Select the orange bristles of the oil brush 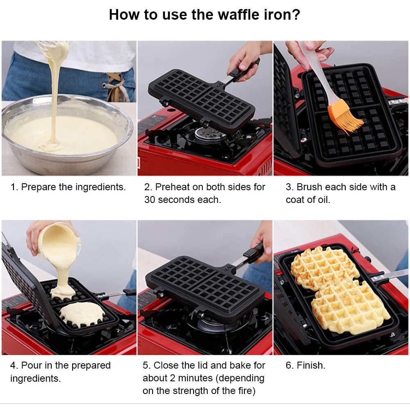(x=345, y=116)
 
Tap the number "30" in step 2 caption (x=150, y=200)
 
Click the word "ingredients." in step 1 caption (x=100, y=187)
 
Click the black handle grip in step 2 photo (x=244, y=68)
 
